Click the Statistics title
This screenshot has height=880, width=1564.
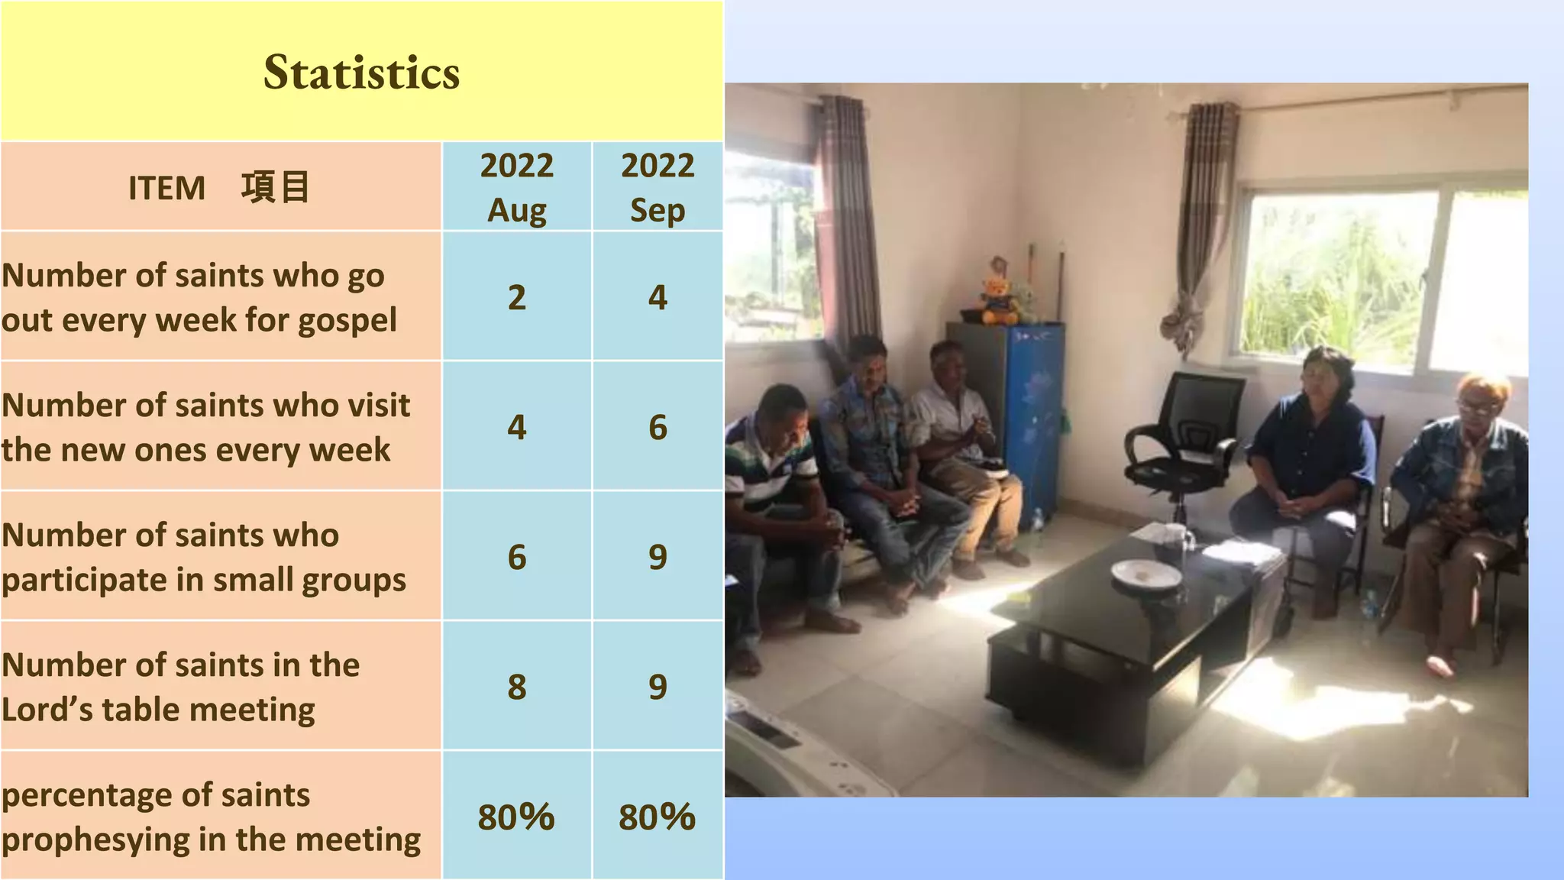[x=361, y=73]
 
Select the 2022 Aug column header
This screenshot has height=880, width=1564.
[x=517, y=187]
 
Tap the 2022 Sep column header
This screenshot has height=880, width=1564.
[x=658, y=187]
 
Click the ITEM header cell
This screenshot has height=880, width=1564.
[x=220, y=187]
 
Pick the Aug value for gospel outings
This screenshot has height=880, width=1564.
[x=517, y=297]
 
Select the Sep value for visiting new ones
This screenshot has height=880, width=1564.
[x=658, y=427]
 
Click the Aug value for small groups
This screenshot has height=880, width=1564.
[x=517, y=557]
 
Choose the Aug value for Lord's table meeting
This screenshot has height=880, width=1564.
[x=517, y=687]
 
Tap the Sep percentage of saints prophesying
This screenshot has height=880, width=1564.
[x=658, y=817]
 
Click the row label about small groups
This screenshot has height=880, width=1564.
[x=204, y=557]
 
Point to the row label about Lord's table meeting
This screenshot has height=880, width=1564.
[x=180, y=687]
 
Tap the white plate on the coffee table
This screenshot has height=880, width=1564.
[x=1146, y=574]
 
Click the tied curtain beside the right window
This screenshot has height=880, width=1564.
[x=1203, y=229]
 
